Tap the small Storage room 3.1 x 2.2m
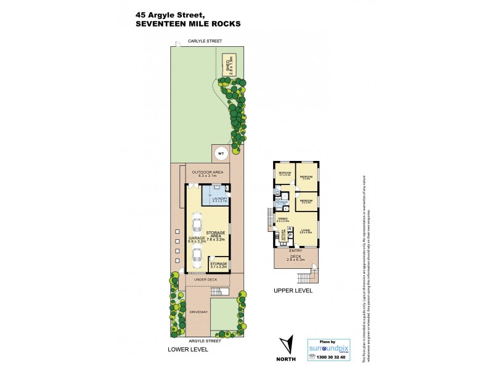tap(219, 266)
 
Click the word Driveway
tap(198, 312)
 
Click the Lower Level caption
tap(188, 350)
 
